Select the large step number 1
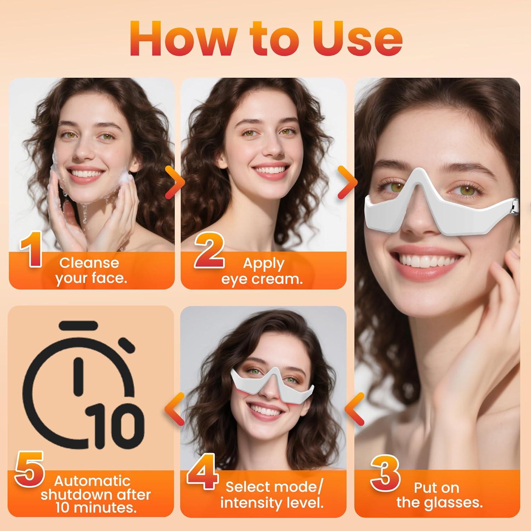(31, 251)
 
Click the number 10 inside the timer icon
(115, 423)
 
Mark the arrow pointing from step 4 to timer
(174, 410)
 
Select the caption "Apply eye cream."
(262, 271)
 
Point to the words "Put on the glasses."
(439, 495)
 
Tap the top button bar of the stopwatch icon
(78, 325)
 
